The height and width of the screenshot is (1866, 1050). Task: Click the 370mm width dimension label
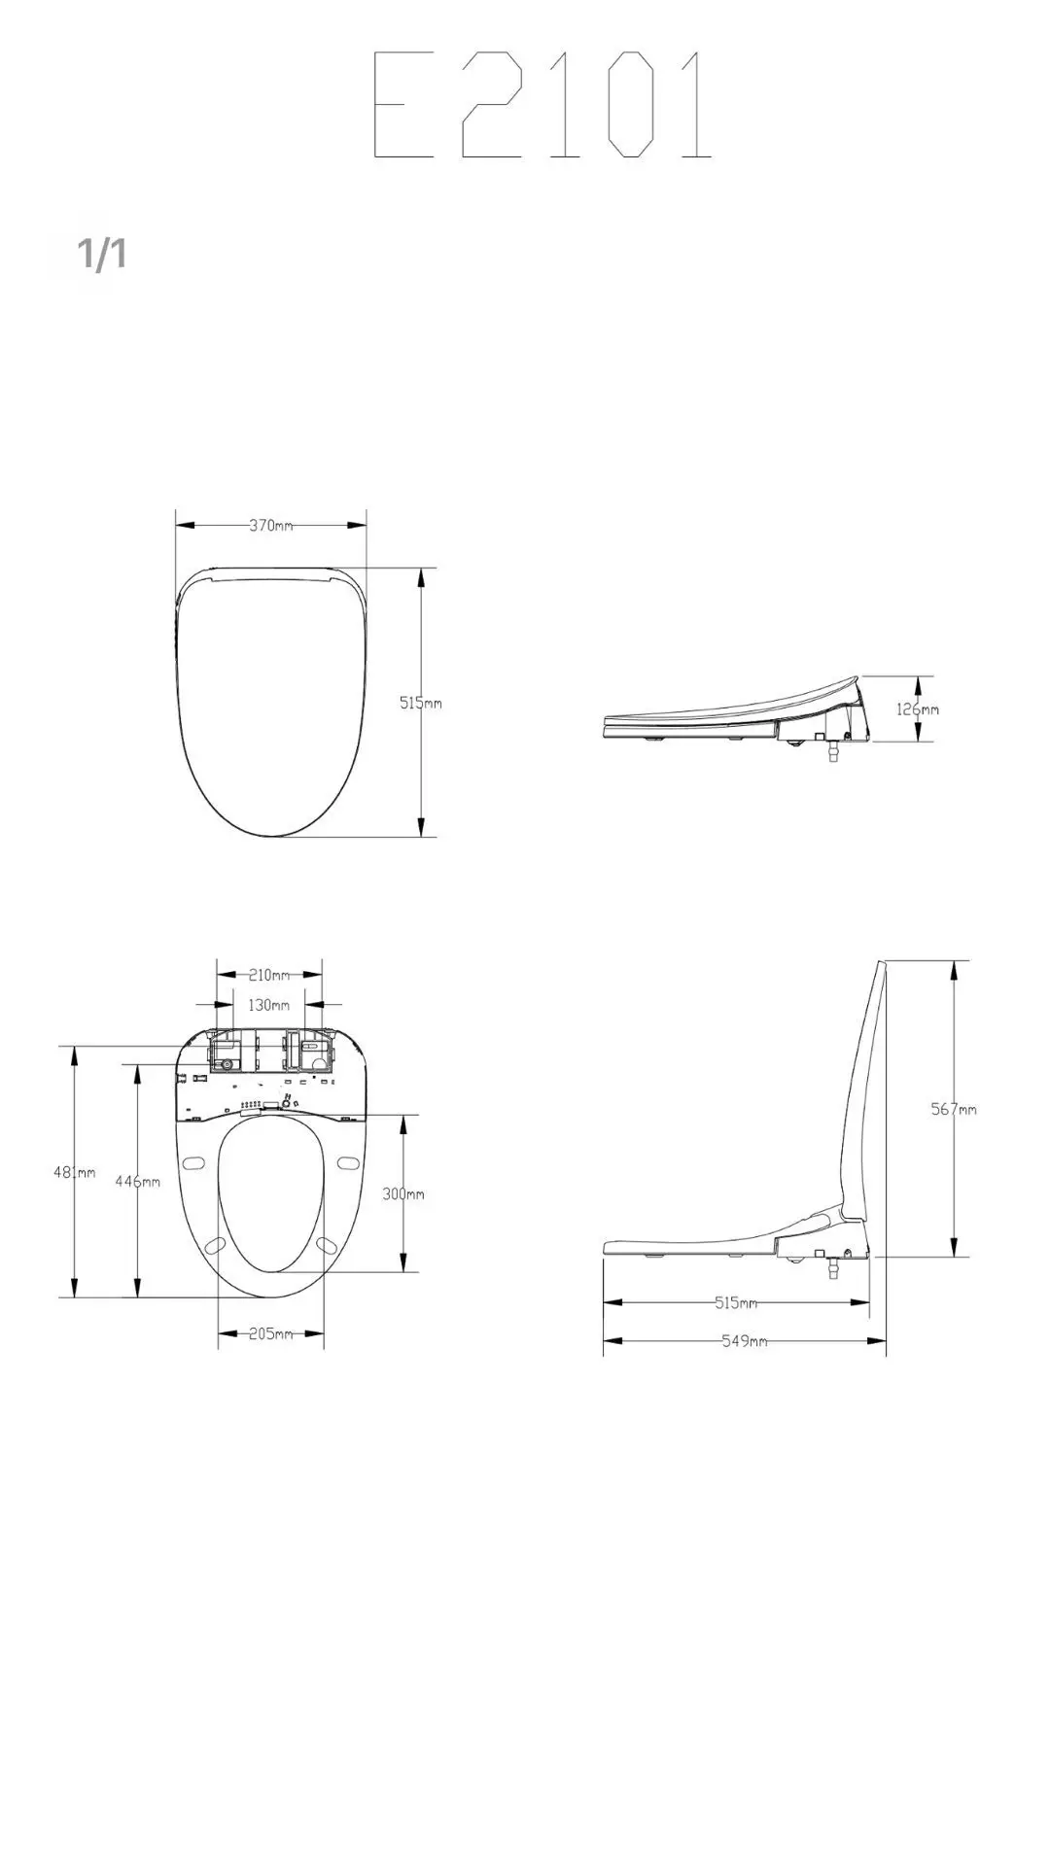[271, 525]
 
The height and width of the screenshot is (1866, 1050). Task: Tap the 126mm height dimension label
[917, 709]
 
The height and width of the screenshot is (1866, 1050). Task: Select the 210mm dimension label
[269, 975]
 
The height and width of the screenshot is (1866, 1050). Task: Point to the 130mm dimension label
[268, 1005]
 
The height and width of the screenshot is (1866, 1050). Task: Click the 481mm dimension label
[74, 1172]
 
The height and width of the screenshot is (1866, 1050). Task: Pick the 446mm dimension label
[137, 1181]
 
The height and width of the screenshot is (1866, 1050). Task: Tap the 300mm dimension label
[402, 1193]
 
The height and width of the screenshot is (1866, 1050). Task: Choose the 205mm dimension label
[270, 1333]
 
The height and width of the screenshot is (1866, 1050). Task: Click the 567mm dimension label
[954, 1109]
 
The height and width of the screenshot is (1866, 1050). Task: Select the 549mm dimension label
[744, 1341]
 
